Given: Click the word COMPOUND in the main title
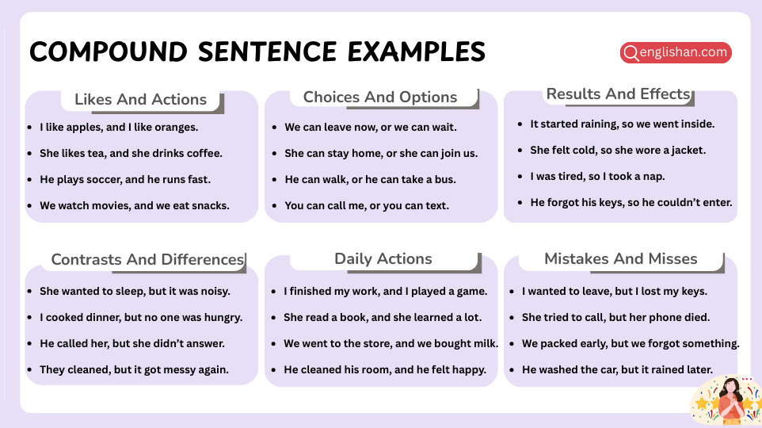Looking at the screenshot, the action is tap(109, 52).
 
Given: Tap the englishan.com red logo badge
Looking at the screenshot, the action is tap(676, 52).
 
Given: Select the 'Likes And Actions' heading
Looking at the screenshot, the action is tap(140, 99).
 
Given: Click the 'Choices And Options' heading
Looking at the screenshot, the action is tap(380, 97).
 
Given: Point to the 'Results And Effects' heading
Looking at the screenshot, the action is tap(618, 94).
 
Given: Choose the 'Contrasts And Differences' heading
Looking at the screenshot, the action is tap(147, 260).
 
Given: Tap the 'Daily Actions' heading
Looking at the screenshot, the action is tap(383, 258).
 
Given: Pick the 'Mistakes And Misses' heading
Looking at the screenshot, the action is tap(620, 258).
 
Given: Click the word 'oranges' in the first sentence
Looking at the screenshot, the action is tap(177, 128).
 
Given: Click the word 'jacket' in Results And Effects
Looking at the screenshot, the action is tap(688, 151).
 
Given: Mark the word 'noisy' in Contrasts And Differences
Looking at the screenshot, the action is tap(215, 292).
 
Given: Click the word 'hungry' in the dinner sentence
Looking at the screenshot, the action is tap(223, 318).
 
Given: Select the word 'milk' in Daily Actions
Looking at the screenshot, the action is tap(486, 343).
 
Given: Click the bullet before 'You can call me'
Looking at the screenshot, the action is tap(274, 206).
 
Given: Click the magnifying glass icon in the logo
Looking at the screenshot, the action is tap(631, 53).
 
